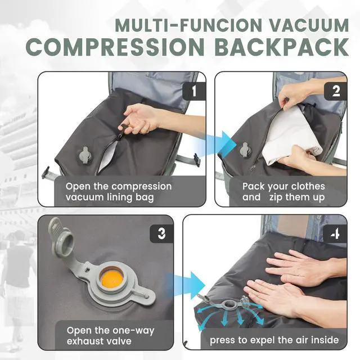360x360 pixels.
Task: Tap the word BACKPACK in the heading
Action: [282, 47]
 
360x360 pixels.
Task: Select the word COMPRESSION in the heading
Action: [115, 47]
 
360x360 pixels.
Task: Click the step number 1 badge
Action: [194, 91]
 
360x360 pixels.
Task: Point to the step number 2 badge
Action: [336, 91]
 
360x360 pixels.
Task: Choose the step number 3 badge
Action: [161, 234]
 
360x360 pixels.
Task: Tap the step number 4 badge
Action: [335, 234]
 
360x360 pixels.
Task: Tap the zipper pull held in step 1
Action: [121, 131]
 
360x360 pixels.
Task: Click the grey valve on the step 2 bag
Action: [245, 150]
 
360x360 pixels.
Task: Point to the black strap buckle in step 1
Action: [196, 160]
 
